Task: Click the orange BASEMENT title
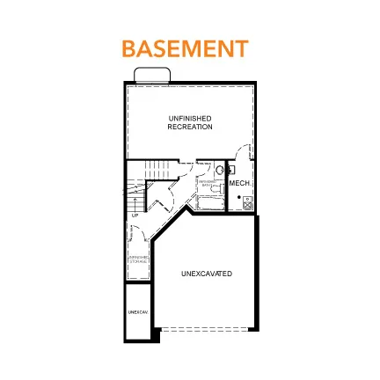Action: click(x=184, y=47)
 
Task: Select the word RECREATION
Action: click(x=190, y=126)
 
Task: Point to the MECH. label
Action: click(x=239, y=183)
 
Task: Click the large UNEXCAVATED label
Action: click(x=207, y=274)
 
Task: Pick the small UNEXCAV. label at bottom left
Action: click(x=135, y=312)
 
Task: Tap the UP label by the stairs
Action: click(x=135, y=215)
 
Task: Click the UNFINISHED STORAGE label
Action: click(x=138, y=259)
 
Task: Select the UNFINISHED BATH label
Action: click(x=207, y=185)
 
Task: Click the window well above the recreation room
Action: click(x=151, y=74)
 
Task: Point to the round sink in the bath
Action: click(x=220, y=170)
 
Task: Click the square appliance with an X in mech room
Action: click(x=248, y=203)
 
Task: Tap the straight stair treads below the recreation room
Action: click(x=156, y=169)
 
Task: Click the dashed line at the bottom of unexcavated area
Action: click(x=207, y=329)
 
